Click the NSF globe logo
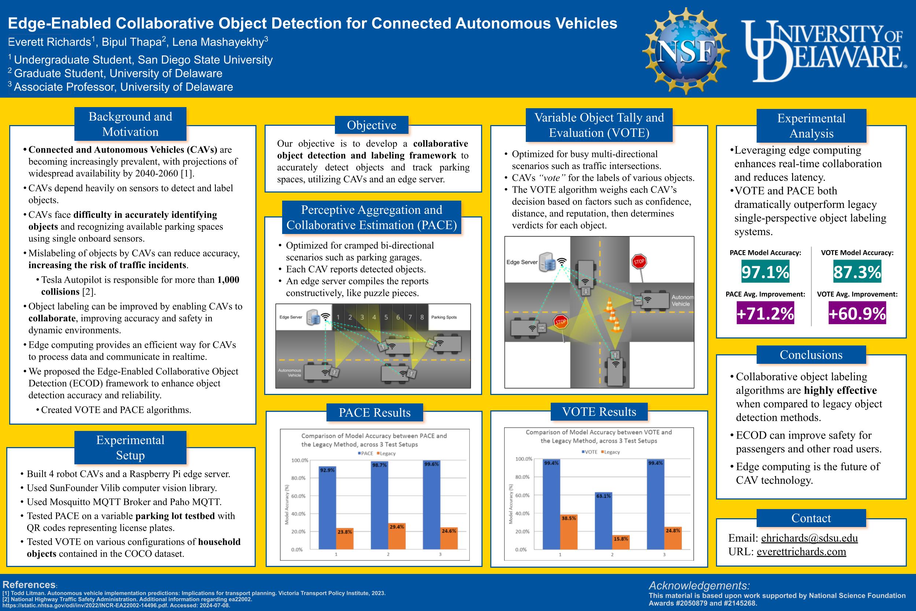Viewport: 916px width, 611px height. [x=686, y=51]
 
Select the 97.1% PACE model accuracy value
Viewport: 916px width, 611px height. [x=765, y=272]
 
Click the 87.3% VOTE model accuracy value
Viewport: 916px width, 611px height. [x=857, y=272]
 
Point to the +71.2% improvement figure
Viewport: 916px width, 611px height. [x=765, y=314]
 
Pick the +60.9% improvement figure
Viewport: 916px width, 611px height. [x=857, y=314]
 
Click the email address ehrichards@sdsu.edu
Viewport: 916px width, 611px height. [x=809, y=538]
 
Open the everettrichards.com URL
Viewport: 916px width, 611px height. [x=801, y=552]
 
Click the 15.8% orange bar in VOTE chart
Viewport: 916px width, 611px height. [x=621, y=542]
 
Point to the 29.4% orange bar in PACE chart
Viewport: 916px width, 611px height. [x=397, y=536]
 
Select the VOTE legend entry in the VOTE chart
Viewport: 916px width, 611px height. [x=589, y=452]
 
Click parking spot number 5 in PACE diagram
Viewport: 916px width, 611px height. [x=386, y=317]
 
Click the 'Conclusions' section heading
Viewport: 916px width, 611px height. [x=811, y=355]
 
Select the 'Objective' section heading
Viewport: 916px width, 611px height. [x=372, y=125]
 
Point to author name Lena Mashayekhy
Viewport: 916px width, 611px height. [x=218, y=42]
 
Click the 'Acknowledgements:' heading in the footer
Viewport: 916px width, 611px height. [x=699, y=585]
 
